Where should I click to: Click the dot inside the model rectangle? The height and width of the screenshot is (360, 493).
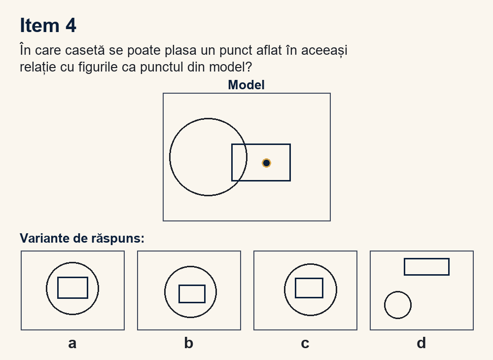(266, 163)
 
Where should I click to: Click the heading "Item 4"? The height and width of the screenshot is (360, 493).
(48, 25)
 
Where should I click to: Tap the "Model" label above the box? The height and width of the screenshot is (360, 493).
(246, 85)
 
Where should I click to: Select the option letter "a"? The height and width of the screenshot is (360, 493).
(72, 343)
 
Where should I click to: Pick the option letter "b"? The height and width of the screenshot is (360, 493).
(189, 343)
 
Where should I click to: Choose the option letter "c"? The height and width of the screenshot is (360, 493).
(305, 343)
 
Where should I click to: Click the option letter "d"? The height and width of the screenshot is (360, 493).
(422, 343)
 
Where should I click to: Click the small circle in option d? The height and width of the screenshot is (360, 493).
(385, 305)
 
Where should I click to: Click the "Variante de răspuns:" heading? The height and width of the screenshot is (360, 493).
(82, 238)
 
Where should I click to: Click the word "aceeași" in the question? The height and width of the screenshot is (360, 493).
(324, 50)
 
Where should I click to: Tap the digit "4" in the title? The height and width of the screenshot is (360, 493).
(71, 25)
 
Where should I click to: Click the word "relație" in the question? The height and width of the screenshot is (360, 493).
(38, 67)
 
